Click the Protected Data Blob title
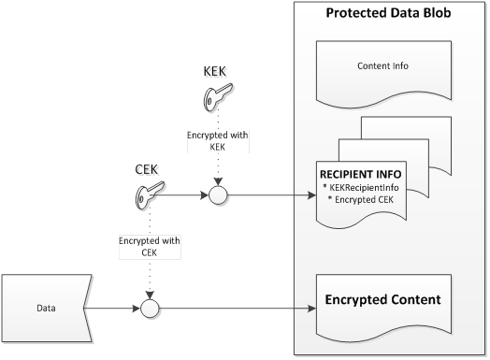388,15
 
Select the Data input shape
45,305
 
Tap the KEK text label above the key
216,72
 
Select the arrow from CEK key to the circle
187,196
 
